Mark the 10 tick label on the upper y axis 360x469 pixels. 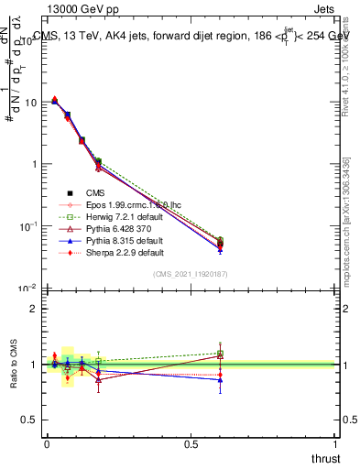(x=29, y=102)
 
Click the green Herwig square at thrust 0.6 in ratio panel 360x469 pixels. (x=220, y=354)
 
